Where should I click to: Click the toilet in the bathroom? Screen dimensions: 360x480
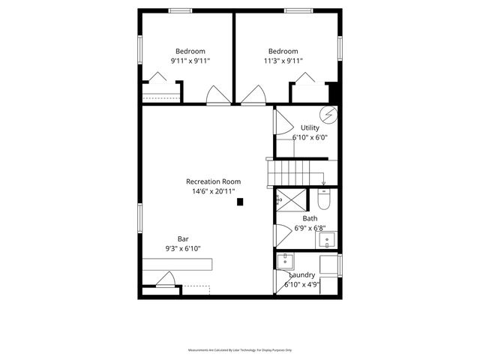(325, 199)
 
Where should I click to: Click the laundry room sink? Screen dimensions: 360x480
(285, 262)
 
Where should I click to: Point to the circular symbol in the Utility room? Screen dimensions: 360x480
(328, 115)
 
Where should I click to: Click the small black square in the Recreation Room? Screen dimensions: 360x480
(240, 201)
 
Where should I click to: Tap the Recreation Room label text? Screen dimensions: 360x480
(214, 181)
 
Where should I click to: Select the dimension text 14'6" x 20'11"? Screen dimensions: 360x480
(214, 191)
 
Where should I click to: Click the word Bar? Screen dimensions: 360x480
(183, 238)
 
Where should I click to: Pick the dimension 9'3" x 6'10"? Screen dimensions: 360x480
(183, 248)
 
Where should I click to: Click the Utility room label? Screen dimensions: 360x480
(310, 128)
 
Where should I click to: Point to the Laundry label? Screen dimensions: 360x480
(301, 275)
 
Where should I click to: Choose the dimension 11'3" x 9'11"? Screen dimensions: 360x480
(283, 61)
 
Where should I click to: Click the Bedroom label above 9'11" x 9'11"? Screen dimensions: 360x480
(190, 51)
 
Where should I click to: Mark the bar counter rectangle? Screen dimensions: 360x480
(178, 264)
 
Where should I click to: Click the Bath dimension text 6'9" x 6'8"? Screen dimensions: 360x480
(310, 228)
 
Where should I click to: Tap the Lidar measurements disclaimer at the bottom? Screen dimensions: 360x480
(240, 350)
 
